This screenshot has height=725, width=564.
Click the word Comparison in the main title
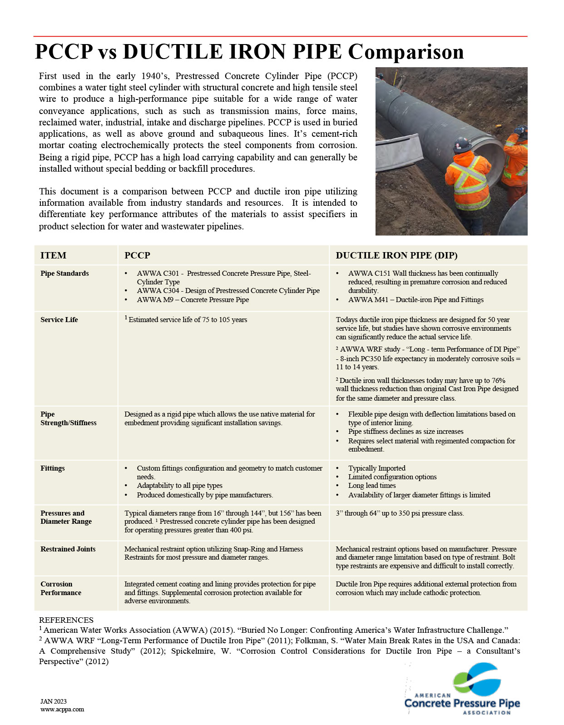tap(406, 52)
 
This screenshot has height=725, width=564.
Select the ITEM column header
tap(53, 255)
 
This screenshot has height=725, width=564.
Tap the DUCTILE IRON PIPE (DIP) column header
tap(396, 255)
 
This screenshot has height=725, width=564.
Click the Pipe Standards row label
tap(64, 273)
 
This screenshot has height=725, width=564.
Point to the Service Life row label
tap(59, 320)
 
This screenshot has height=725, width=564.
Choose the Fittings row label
tap(53, 468)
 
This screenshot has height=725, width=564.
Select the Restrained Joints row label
tap(68, 549)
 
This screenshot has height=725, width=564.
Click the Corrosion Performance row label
tap(60, 588)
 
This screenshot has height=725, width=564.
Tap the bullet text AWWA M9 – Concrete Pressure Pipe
tap(193, 300)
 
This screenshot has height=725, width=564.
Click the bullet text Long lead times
tap(372, 486)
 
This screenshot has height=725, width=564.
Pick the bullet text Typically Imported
tap(376, 468)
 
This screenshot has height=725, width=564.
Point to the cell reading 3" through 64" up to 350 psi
tap(400, 513)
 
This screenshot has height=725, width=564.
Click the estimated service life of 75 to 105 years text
tap(188, 320)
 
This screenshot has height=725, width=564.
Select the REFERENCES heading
tap(66, 620)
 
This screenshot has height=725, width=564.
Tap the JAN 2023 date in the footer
tap(54, 701)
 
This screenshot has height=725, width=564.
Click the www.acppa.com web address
tap(62, 710)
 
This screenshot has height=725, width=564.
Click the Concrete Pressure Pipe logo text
tap(462, 704)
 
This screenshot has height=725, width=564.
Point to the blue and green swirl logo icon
tap(476, 679)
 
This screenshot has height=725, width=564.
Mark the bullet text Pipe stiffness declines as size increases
tap(406, 432)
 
